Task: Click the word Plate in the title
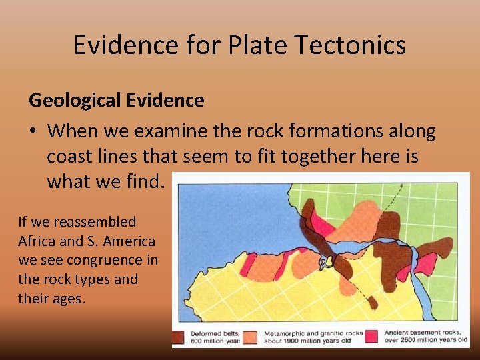pos(251,45)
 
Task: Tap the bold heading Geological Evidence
pos(116,101)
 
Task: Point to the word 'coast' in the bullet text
pos(71,157)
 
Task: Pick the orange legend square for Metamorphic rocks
pos(251,337)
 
